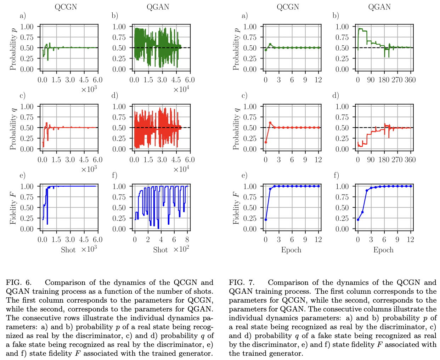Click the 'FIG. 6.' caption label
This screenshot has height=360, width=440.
(x=18, y=282)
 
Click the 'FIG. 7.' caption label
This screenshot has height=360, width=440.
(x=242, y=282)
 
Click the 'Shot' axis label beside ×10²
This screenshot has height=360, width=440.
(x=160, y=250)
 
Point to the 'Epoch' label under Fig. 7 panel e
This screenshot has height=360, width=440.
(x=291, y=250)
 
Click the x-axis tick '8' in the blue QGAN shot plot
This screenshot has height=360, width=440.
(x=187, y=240)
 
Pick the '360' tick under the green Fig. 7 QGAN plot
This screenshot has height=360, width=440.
(x=410, y=80)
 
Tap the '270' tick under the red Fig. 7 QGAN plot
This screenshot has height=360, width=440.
(x=397, y=159)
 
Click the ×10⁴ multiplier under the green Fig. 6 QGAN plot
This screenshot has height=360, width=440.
(x=181, y=89)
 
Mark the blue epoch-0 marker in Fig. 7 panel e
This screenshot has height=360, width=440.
(x=266, y=220)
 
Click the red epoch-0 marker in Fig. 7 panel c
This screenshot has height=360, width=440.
(x=266, y=142)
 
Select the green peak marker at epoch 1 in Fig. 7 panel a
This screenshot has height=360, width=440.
(x=270, y=44)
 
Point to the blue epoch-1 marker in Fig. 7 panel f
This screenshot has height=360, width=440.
(x=362, y=212)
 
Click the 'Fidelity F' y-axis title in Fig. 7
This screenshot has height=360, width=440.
(x=236, y=207)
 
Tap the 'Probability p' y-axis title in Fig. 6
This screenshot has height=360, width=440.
(x=13, y=48)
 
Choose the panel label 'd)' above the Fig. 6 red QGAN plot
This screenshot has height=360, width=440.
(x=114, y=96)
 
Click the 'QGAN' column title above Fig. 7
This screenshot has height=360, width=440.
(x=379, y=7)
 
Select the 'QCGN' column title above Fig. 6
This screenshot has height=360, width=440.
(x=66, y=7)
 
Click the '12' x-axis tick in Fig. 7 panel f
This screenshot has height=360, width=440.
(x=410, y=240)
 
